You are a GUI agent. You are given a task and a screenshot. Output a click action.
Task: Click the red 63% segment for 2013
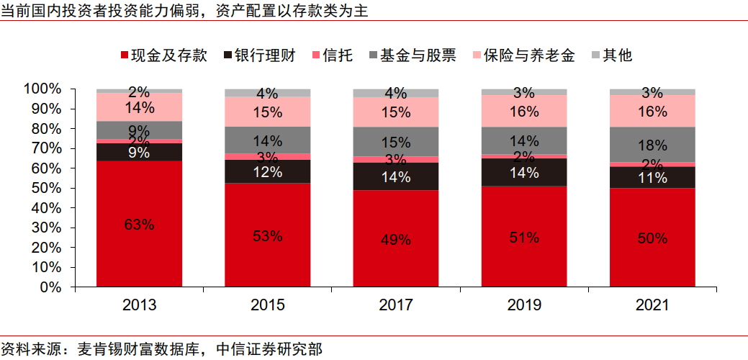[x=139, y=224]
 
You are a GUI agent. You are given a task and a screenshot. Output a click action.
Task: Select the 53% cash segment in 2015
[x=268, y=235]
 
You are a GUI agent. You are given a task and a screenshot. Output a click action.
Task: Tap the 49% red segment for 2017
[x=396, y=239]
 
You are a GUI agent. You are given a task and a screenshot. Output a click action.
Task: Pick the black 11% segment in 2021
[x=652, y=177]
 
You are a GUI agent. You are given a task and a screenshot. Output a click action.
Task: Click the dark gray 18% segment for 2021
[x=652, y=145]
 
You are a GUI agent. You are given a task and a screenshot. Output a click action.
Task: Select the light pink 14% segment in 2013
[x=139, y=107]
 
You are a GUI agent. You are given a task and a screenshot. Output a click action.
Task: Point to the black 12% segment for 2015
[x=268, y=171]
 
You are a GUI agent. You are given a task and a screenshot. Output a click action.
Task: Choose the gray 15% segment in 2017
[x=396, y=142]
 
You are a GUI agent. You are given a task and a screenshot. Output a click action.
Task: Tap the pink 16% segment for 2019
[x=524, y=111]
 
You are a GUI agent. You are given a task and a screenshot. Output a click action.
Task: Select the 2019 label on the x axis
[x=524, y=305]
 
